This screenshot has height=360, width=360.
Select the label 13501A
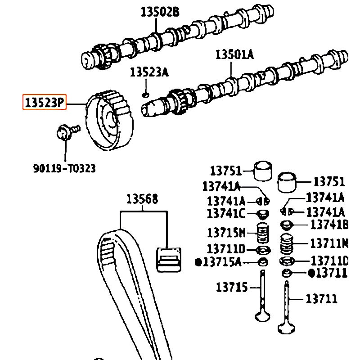tap(234, 55)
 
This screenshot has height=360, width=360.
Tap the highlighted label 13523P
tap(45, 103)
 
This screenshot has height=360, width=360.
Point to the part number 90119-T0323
tap(64, 168)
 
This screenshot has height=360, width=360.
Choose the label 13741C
tap(226, 213)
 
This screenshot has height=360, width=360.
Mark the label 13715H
tap(226, 233)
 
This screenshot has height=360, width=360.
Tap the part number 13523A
tap(149, 72)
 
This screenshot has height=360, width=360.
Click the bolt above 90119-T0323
tap(65, 132)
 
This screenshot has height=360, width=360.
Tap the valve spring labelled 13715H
tap(262, 233)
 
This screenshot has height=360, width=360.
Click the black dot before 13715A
tap(198, 262)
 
